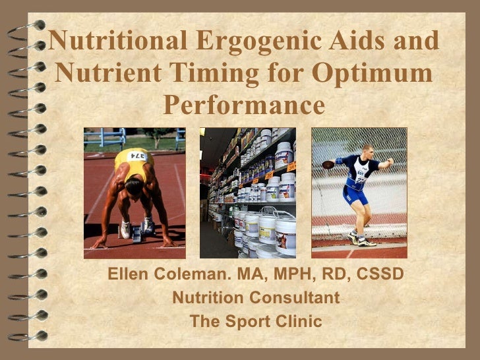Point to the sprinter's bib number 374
point(138,155)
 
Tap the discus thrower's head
point(367,150)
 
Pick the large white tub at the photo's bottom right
point(285,234)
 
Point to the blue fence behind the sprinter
point(105,138)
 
